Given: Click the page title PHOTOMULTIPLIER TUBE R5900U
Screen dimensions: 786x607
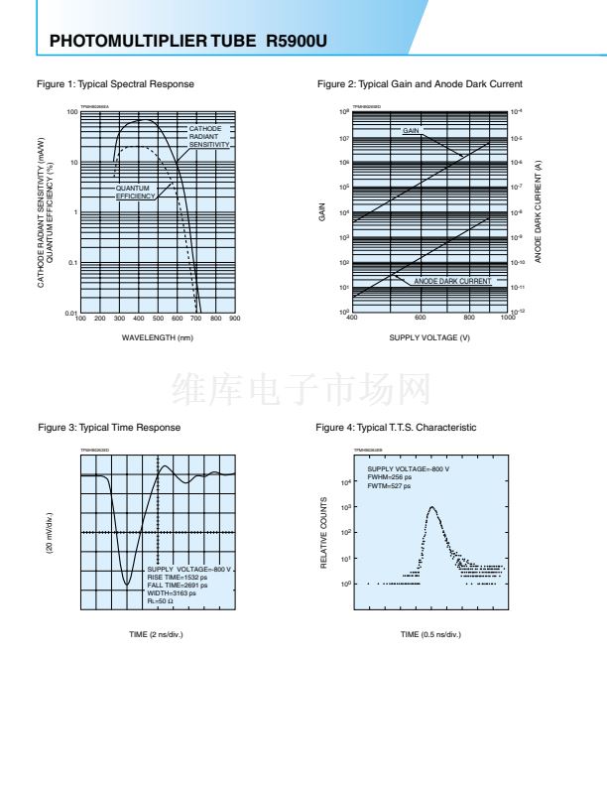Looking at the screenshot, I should click(187, 42).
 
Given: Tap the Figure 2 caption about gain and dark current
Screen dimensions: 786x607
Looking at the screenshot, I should click(420, 84).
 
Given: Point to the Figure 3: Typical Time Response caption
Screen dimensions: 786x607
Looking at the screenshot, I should click(109, 428).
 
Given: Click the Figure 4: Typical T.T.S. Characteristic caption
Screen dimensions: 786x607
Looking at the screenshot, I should click(396, 428).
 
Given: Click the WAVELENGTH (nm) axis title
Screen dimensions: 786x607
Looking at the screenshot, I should click(157, 337).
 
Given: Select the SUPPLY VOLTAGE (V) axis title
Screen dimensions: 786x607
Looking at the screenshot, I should click(429, 337).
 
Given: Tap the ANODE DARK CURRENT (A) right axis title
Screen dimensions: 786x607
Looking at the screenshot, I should click(538, 212).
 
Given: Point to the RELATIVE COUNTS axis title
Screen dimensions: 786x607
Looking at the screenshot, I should click(324, 534).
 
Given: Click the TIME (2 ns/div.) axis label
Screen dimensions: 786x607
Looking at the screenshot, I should click(157, 634).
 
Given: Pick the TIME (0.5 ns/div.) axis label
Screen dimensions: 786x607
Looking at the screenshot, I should click(430, 634).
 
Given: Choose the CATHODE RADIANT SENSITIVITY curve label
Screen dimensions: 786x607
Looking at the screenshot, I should click(209, 137).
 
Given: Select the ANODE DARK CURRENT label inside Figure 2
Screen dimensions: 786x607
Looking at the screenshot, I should click(452, 281).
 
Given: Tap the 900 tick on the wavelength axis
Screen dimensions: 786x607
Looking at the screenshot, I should click(235, 319).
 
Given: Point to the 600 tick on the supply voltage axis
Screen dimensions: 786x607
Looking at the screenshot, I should click(421, 318).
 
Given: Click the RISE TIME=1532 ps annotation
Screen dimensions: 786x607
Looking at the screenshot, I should click(178, 577).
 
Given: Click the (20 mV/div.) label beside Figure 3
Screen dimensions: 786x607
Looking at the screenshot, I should click(50, 534).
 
